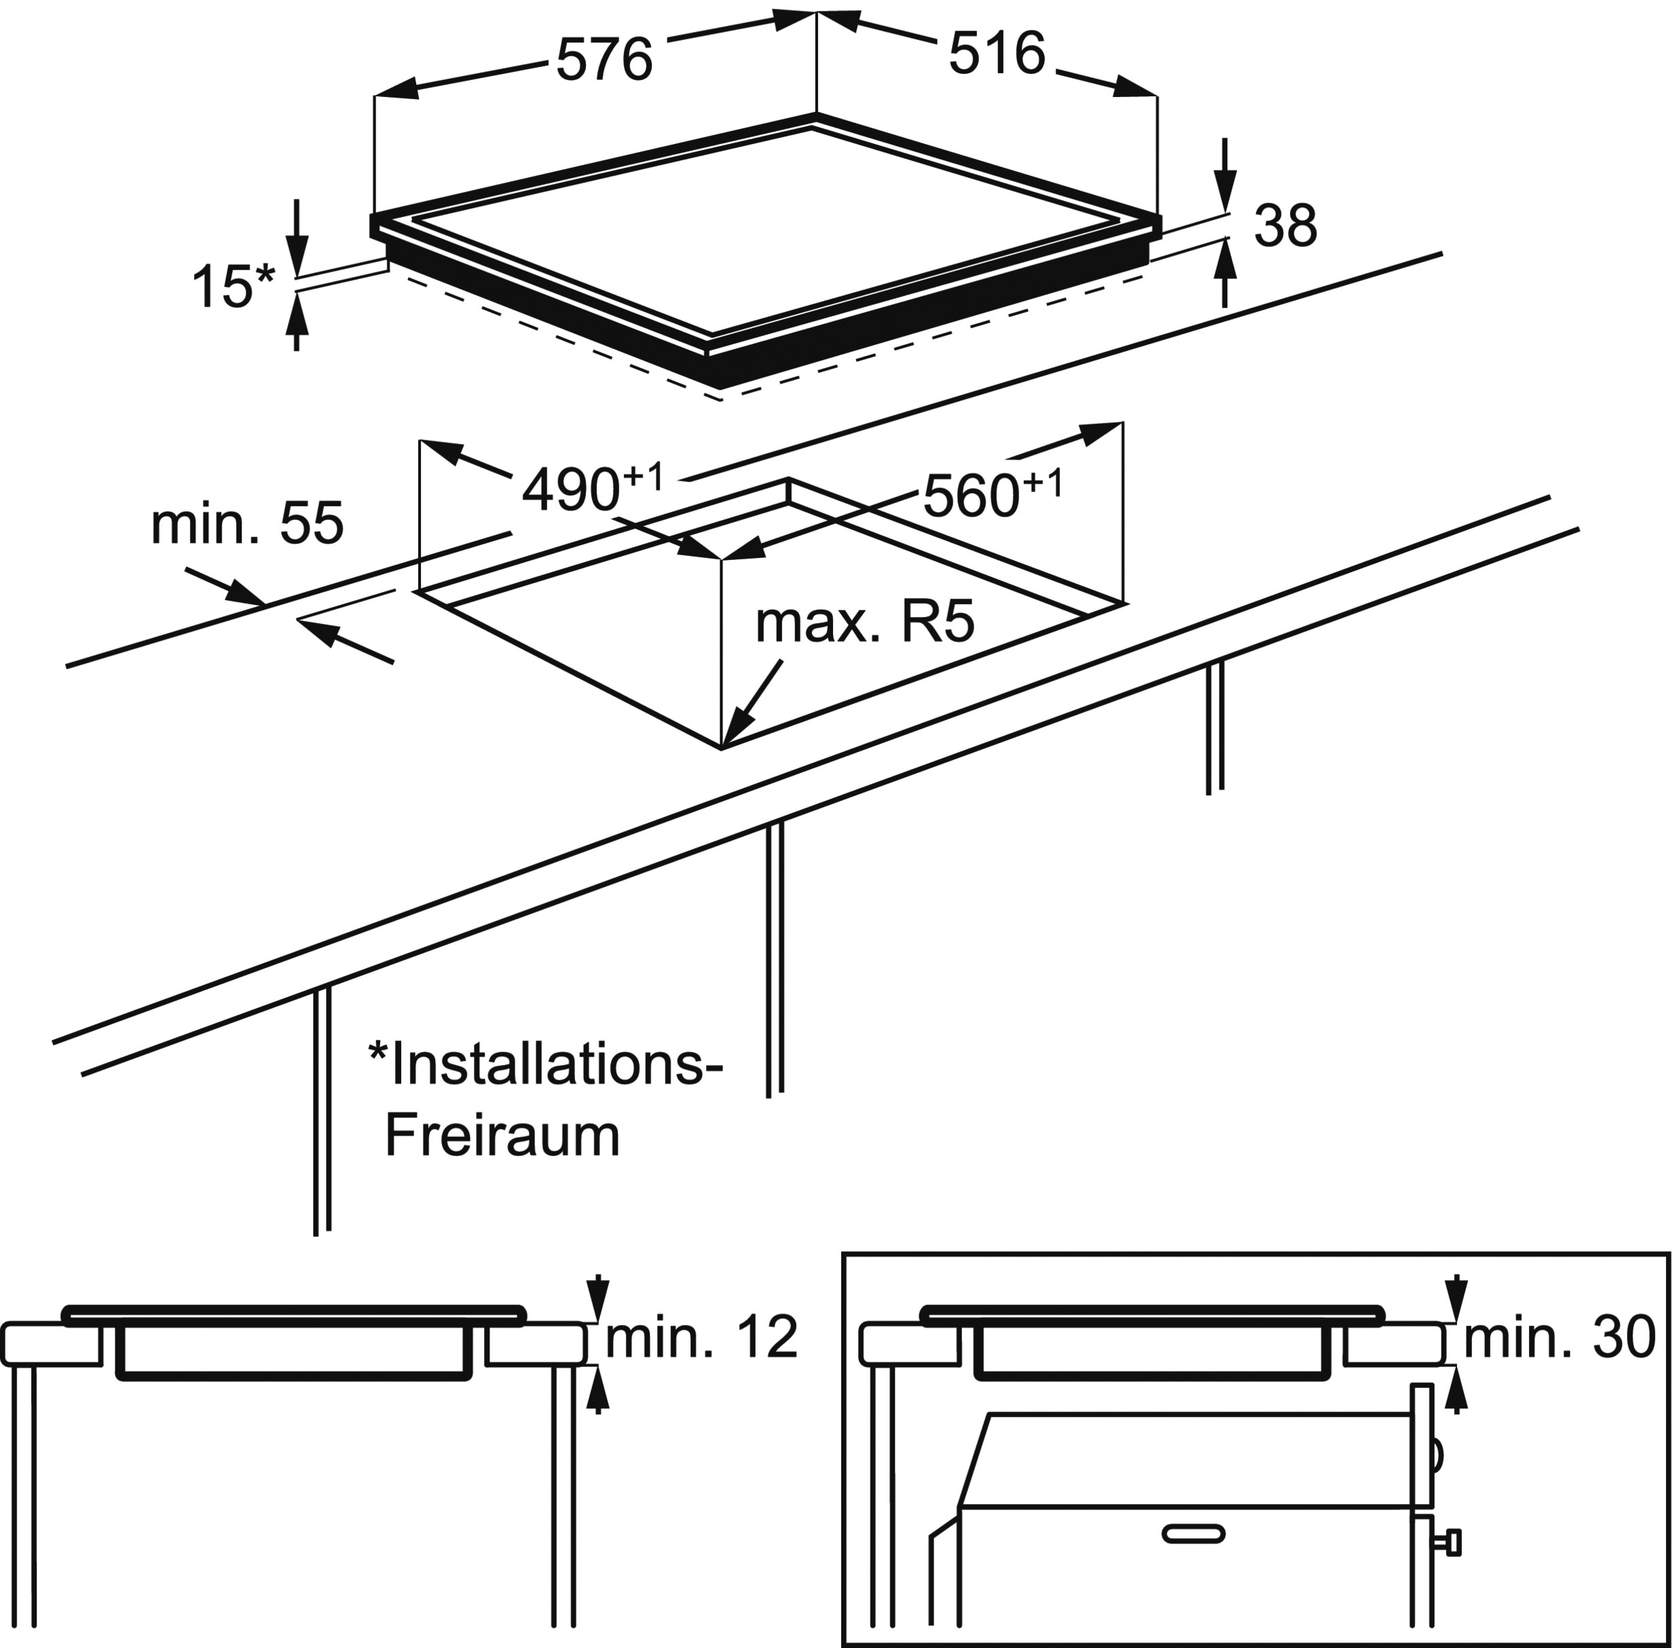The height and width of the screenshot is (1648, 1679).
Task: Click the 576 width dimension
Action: tap(604, 60)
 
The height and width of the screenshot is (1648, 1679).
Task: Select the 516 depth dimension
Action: tap(997, 54)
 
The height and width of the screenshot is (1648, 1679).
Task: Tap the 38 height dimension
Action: tap(1285, 227)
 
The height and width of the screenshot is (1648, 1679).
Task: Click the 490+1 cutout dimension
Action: tap(592, 488)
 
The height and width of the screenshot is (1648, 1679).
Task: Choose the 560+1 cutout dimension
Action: tap(991, 493)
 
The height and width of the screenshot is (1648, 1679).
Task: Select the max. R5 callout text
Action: tap(864, 622)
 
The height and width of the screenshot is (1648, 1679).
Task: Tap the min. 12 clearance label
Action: tap(701, 1337)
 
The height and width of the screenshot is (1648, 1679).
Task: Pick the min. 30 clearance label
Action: tap(1559, 1337)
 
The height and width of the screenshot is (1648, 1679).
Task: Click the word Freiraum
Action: tap(502, 1136)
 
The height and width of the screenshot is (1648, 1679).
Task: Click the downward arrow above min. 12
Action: tap(597, 1299)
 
